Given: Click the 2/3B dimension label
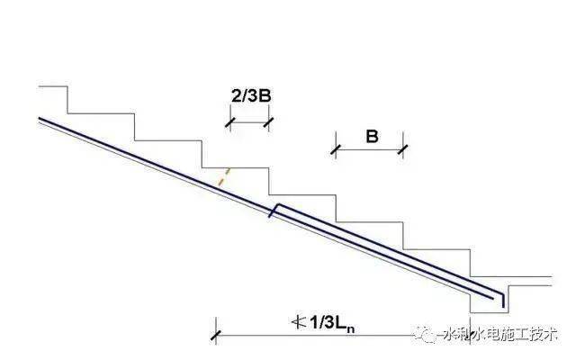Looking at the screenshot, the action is (x=251, y=96).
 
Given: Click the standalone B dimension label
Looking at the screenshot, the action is (x=372, y=137).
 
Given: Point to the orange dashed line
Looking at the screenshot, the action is (x=224, y=177).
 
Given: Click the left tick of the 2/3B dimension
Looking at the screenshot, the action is (x=230, y=122).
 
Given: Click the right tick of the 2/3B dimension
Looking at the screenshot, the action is (x=268, y=122).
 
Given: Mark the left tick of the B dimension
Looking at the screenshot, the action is (x=336, y=149).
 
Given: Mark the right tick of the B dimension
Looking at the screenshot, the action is (x=403, y=149).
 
